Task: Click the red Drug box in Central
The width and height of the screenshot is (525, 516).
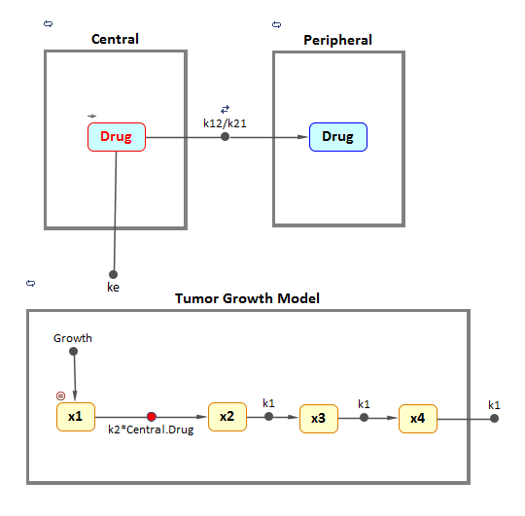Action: click(117, 137)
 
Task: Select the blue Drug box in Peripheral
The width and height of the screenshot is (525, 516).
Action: click(337, 137)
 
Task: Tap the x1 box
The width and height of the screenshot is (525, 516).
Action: click(75, 417)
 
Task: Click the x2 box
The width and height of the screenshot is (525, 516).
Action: click(227, 417)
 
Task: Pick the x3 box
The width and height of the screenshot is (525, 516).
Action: click(318, 418)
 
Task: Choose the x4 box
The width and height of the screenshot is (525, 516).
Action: click(417, 418)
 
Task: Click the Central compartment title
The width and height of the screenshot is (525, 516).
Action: click(115, 40)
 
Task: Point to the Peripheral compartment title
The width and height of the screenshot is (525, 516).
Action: click(337, 41)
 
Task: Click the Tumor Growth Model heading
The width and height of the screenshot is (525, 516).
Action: click(247, 298)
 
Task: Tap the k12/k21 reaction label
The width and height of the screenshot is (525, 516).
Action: click(225, 123)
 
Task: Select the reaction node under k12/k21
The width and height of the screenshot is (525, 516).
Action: click(225, 137)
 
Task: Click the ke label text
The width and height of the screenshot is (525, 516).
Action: click(113, 288)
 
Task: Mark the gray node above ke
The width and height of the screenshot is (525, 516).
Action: click(113, 274)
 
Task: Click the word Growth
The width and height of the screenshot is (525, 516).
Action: click(73, 338)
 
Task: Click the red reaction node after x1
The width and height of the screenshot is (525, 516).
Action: click(152, 417)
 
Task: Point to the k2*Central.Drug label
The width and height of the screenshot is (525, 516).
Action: click(152, 430)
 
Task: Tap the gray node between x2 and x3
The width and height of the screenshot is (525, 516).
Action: click(269, 417)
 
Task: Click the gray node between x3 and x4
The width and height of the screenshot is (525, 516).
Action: click(364, 418)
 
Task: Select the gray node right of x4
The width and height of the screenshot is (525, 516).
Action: click(494, 418)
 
